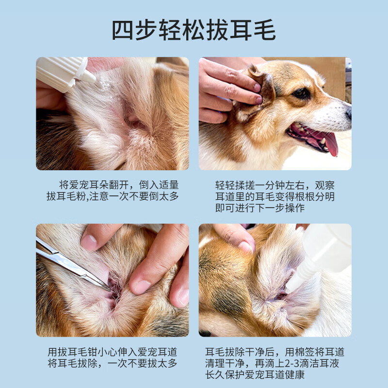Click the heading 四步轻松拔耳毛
(194, 30)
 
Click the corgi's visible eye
(301, 93)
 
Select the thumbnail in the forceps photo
(89, 242)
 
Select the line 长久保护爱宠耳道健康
(259, 375)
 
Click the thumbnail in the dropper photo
(244, 246)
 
